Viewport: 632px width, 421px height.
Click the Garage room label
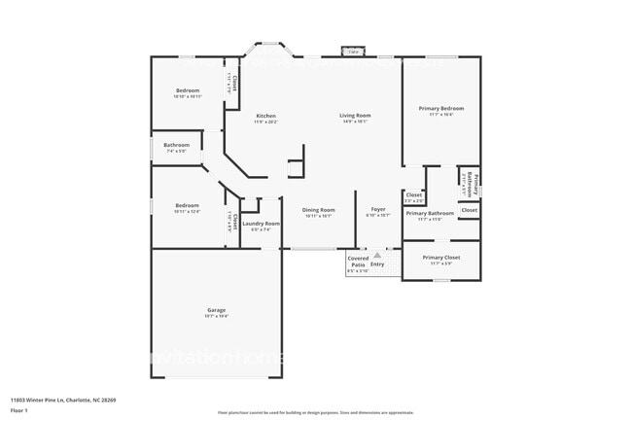tap(216, 310)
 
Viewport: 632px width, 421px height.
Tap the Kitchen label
tap(265, 116)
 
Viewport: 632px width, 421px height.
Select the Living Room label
tap(355, 116)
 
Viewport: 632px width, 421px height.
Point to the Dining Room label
tap(319, 210)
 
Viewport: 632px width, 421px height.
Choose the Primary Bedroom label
tap(440, 108)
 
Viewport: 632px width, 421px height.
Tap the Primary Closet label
tap(440, 258)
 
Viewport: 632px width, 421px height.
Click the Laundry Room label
tap(261, 224)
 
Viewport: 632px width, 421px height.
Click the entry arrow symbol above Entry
tap(377, 255)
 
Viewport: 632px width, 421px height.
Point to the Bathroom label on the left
tap(176, 145)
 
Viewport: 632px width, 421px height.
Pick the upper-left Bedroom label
tap(188, 90)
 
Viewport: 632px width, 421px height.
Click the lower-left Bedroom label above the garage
tap(187, 205)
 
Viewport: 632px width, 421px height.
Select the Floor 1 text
tap(19, 410)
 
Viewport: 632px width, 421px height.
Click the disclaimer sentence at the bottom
tap(316, 412)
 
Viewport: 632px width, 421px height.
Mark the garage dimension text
tap(216, 317)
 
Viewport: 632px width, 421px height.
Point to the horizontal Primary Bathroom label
tap(429, 213)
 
